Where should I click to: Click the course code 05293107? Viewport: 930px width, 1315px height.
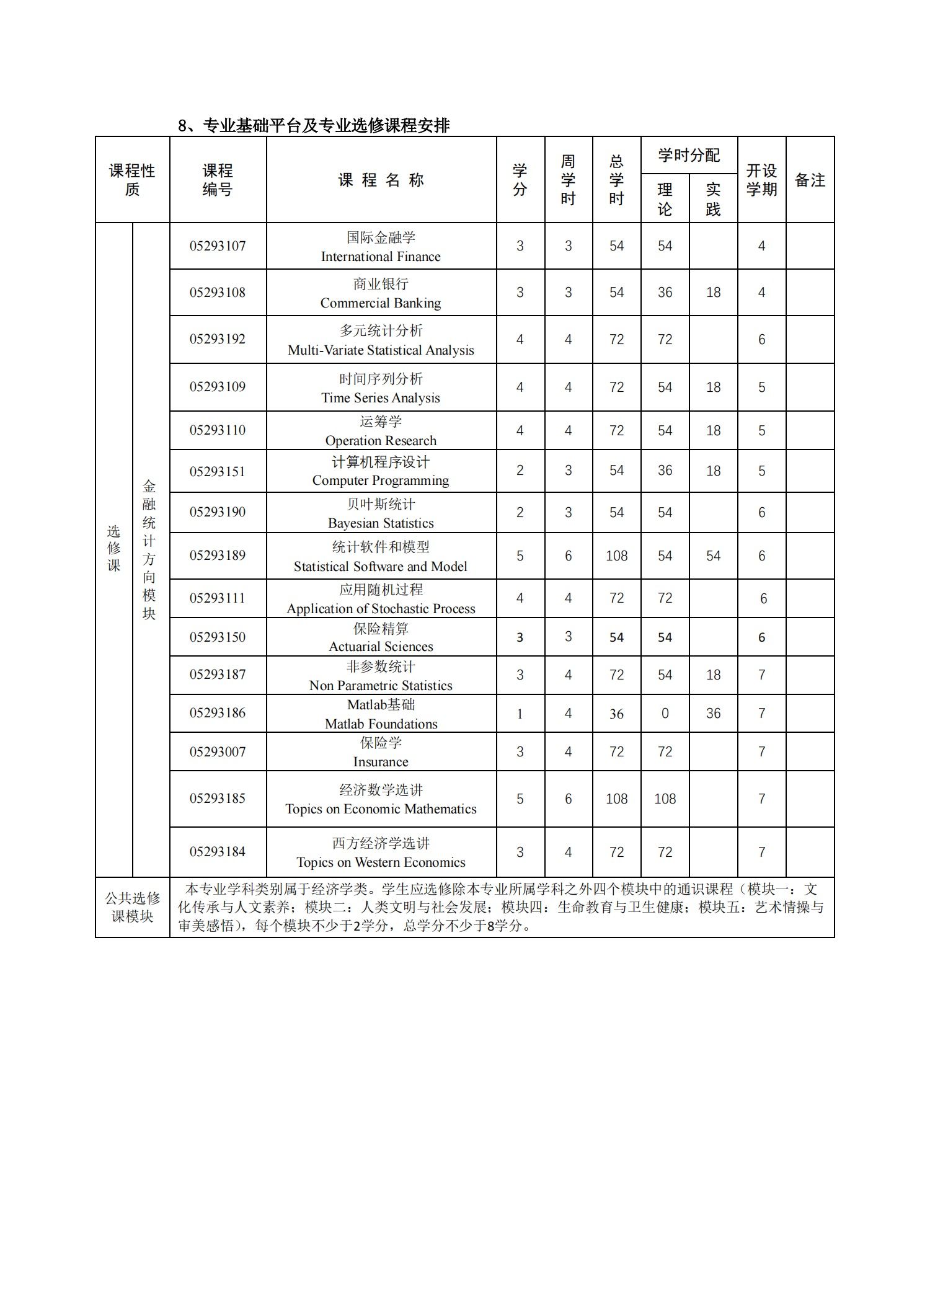click(x=218, y=246)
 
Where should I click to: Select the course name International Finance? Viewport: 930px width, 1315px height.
click(x=381, y=247)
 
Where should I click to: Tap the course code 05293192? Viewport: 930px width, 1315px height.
click(x=218, y=339)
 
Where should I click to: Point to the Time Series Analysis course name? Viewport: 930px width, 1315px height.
click(x=381, y=388)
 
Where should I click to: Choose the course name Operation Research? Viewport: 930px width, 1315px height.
click(x=381, y=431)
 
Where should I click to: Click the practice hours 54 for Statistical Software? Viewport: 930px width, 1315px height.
click(x=713, y=556)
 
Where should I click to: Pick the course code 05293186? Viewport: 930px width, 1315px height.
click(x=218, y=713)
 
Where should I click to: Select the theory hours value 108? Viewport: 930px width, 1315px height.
click(x=665, y=799)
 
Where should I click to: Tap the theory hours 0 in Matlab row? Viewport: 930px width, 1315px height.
click(x=665, y=714)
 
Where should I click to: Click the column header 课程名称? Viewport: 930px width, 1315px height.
click(x=381, y=180)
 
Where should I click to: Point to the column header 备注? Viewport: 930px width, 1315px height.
click(x=810, y=180)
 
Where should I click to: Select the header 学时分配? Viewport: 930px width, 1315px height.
click(x=689, y=155)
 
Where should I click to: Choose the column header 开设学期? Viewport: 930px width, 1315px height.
click(x=761, y=180)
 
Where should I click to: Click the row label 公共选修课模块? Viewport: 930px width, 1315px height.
click(x=132, y=907)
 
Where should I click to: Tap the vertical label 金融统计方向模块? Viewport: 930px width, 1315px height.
click(x=149, y=550)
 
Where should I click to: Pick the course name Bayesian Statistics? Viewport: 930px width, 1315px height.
click(x=381, y=513)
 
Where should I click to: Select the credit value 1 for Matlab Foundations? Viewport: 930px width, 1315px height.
click(x=520, y=714)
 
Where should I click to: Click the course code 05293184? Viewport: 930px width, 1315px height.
click(x=218, y=852)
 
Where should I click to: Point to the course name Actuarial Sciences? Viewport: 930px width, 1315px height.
click(x=381, y=637)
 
